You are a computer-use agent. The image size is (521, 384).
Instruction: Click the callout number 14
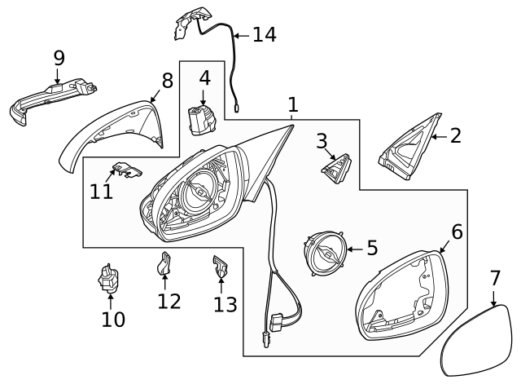click(x=264, y=34)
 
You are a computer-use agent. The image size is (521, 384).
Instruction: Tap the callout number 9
click(x=59, y=58)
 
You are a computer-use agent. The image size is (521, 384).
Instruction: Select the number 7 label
click(x=495, y=278)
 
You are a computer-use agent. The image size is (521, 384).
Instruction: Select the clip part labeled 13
click(x=220, y=267)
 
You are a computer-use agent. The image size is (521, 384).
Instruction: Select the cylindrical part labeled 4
click(x=200, y=121)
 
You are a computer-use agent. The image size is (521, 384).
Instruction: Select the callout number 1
click(x=292, y=104)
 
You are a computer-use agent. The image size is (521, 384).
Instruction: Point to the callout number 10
click(x=113, y=320)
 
